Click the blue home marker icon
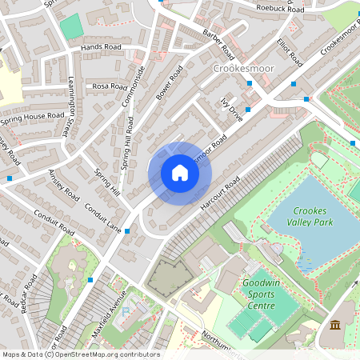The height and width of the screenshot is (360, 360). [180, 173]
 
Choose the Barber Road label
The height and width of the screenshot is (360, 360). [218, 43]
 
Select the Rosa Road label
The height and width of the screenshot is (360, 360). [110, 86]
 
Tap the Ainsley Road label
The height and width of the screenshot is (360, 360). [63, 185]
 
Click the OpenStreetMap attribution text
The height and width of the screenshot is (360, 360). [80, 354]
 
